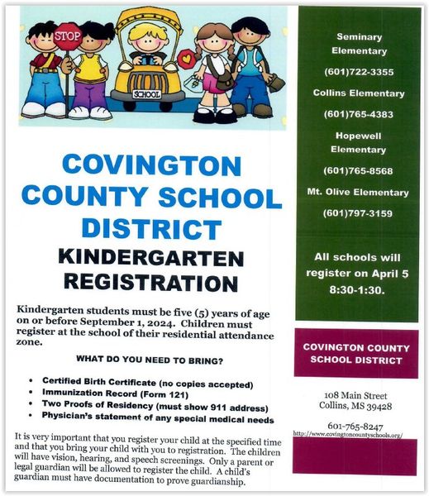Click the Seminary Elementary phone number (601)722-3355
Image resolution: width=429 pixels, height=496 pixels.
point(359,72)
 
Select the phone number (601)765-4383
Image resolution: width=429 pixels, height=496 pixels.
point(359,114)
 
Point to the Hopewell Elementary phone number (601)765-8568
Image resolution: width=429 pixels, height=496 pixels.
point(359,171)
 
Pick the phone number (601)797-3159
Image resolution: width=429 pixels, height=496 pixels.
point(359,213)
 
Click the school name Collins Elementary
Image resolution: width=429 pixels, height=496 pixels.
point(359,93)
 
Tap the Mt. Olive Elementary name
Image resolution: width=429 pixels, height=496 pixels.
point(359,193)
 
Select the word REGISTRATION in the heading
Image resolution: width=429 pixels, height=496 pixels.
point(151,283)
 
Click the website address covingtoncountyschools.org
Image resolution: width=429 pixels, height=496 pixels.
point(347,435)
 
